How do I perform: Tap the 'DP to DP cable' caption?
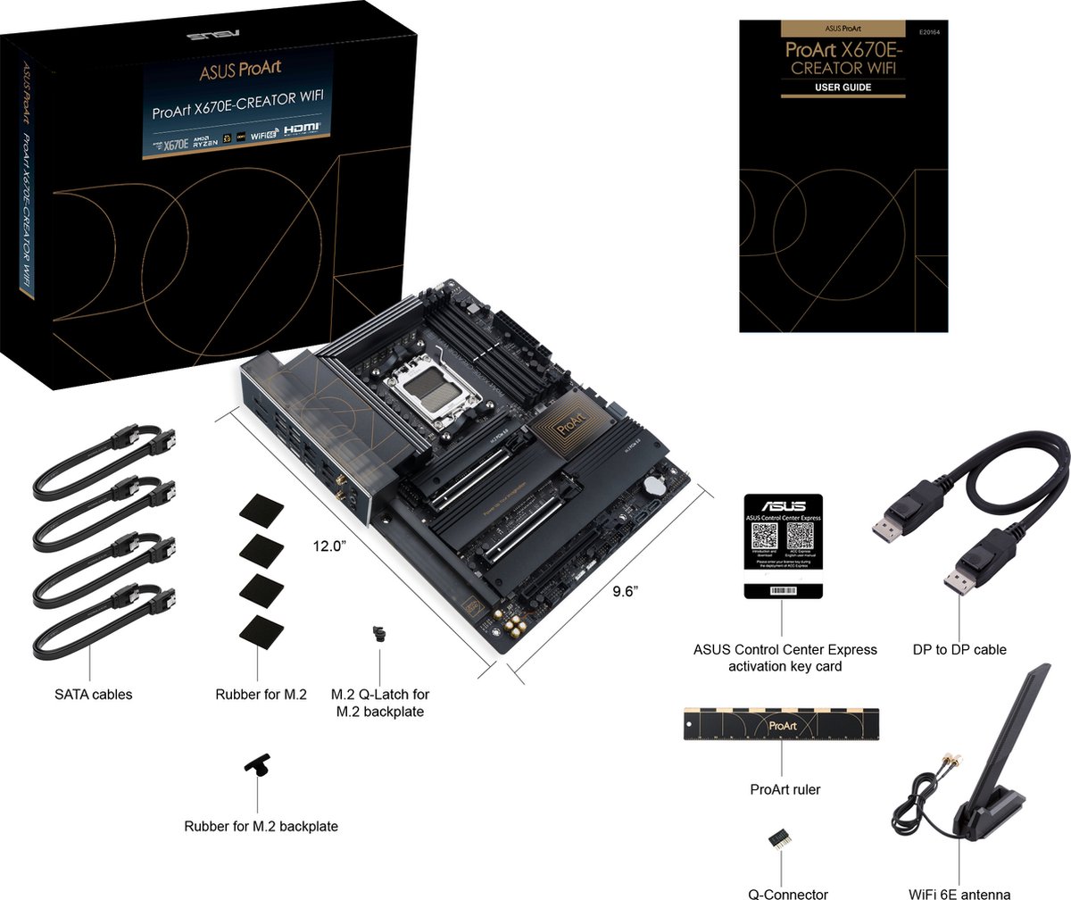pyautogui.click(x=959, y=649)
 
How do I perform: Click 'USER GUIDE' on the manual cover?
pyautogui.click(x=843, y=87)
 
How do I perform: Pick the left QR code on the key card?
pyautogui.click(x=766, y=537)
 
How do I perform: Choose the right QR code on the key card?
pyautogui.click(x=800, y=537)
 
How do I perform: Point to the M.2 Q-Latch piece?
pyautogui.click(x=379, y=635)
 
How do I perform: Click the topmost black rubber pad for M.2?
pyautogui.click(x=262, y=510)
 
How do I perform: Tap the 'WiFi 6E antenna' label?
pyautogui.click(x=959, y=892)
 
